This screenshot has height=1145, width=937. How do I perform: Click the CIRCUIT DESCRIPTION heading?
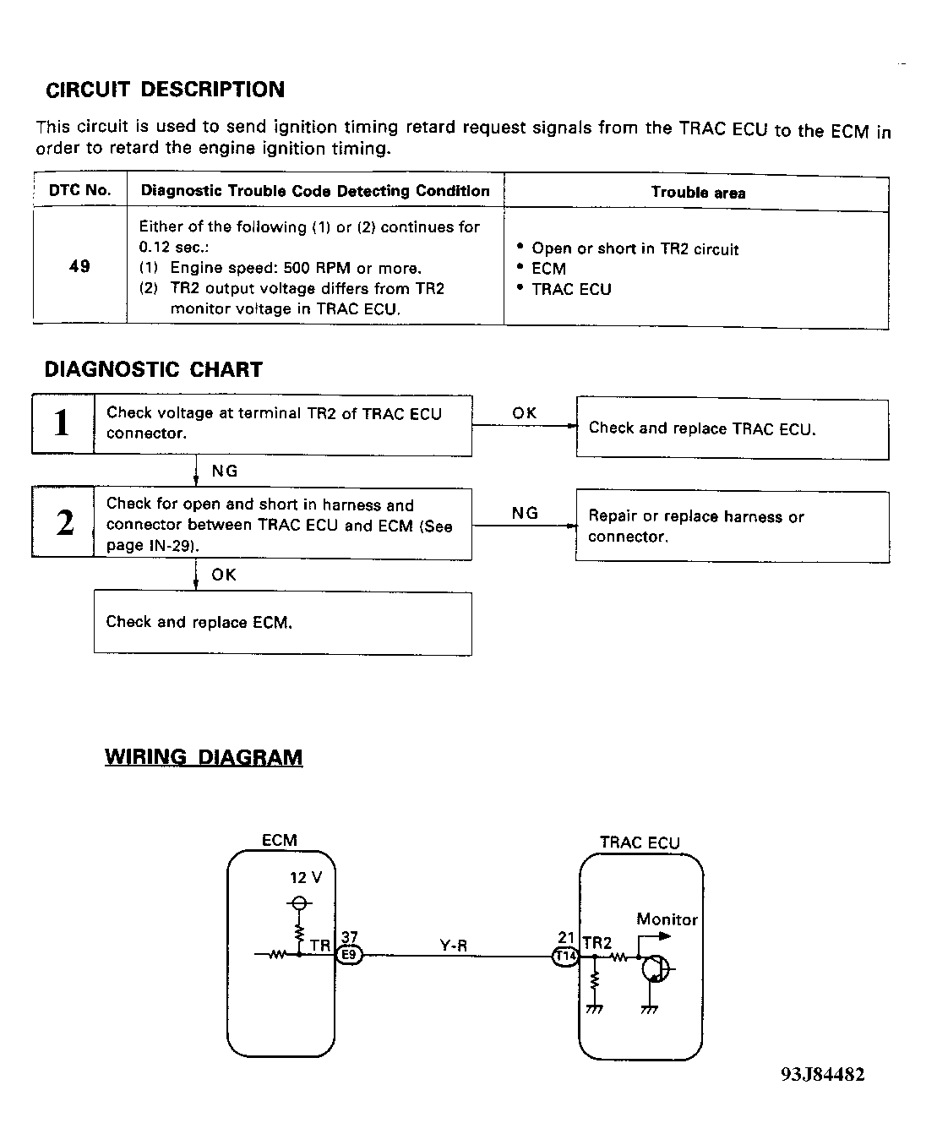(165, 90)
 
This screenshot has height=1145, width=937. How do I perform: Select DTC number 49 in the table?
(79, 266)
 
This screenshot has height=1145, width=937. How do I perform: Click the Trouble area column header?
(697, 193)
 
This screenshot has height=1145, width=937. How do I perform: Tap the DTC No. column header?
(79, 191)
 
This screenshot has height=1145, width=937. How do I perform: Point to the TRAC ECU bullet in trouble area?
(571, 290)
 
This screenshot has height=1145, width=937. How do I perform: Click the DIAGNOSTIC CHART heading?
(153, 369)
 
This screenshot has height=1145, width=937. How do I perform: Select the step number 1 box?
(63, 423)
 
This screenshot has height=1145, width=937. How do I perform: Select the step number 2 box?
(63, 523)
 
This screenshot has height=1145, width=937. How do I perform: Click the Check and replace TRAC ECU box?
(732, 429)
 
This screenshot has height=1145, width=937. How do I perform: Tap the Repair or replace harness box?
(732, 526)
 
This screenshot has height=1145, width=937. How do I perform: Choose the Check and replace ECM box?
(282, 623)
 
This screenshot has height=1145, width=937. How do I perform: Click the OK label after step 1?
(524, 413)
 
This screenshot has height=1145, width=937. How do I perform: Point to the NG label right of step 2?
(524, 513)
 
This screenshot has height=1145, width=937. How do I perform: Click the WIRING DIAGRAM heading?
(204, 757)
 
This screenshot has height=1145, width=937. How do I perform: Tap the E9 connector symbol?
(349, 956)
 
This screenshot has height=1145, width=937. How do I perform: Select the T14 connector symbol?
(565, 957)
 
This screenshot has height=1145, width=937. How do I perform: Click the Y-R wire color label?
(454, 946)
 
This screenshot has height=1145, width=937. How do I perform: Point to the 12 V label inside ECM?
(306, 878)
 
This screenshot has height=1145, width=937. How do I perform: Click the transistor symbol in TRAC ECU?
(656, 968)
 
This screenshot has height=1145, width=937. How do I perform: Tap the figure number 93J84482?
(822, 1075)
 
